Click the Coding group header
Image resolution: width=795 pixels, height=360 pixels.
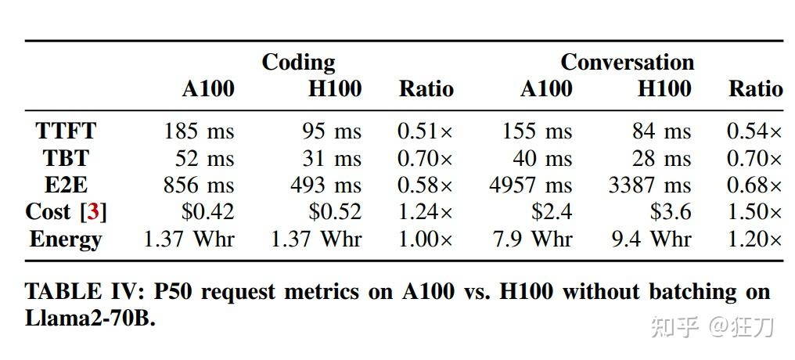pyautogui.click(x=297, y=63)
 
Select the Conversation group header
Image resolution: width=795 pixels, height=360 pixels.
pyautogui.click(x=627, y=63)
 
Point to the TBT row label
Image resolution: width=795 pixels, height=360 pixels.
pyautogui.click(x=66, y=158)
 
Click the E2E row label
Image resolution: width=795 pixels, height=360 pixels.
pyautogui.click(x=66, y=185)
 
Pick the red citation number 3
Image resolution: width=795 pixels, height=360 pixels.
pyautogui.click(x=94, y=212)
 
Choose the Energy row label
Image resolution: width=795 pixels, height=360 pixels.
pyautogui.click(x=66, y=239)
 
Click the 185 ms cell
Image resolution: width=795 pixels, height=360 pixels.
pyautogui.click(x=199, y=131)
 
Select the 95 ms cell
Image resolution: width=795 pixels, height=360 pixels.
pyautogui.click(x=332, y=131)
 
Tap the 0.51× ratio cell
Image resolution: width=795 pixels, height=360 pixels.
pyautogui.click(x=425, y=131)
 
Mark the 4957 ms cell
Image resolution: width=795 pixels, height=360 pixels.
pyautogui.click(x=531, y=185)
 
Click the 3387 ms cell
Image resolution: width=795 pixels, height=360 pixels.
pyautogui.click(x=649, y=185)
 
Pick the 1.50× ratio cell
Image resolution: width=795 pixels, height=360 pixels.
pyautogui.click(x=754, y=212)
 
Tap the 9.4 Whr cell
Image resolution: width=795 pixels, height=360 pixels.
pyautogui.click(x=652, y=239)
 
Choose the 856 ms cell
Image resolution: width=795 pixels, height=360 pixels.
pyautogui.click(x=199, y=185)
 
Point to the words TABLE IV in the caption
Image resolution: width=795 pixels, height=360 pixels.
pyautogui.click(x=74, y=293)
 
